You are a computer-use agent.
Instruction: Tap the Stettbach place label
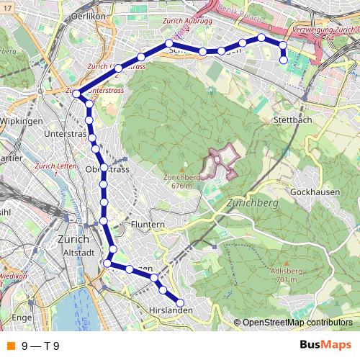point(293,120)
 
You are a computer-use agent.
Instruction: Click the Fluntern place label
point(148,225)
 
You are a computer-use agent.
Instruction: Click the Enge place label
point(22,317)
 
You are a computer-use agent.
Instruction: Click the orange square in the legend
point(10,346)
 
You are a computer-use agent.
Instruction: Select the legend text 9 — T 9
point(40,346)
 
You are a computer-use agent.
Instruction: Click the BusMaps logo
point(326,345)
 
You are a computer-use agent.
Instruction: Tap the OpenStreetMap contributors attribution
point(297,323)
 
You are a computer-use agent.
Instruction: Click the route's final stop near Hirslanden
point(180,303)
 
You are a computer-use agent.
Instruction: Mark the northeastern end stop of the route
point(283,60)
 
